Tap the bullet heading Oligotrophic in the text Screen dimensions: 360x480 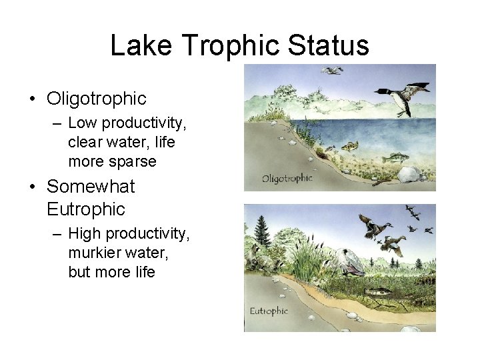click(x=96, y=99)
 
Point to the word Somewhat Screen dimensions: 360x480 click(x=91, y=186)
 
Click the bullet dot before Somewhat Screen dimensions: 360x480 click(x=32, y=187)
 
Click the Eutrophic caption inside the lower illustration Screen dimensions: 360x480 click(x=268, y=311)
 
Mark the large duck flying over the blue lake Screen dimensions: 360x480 click(x=402, y=97)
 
